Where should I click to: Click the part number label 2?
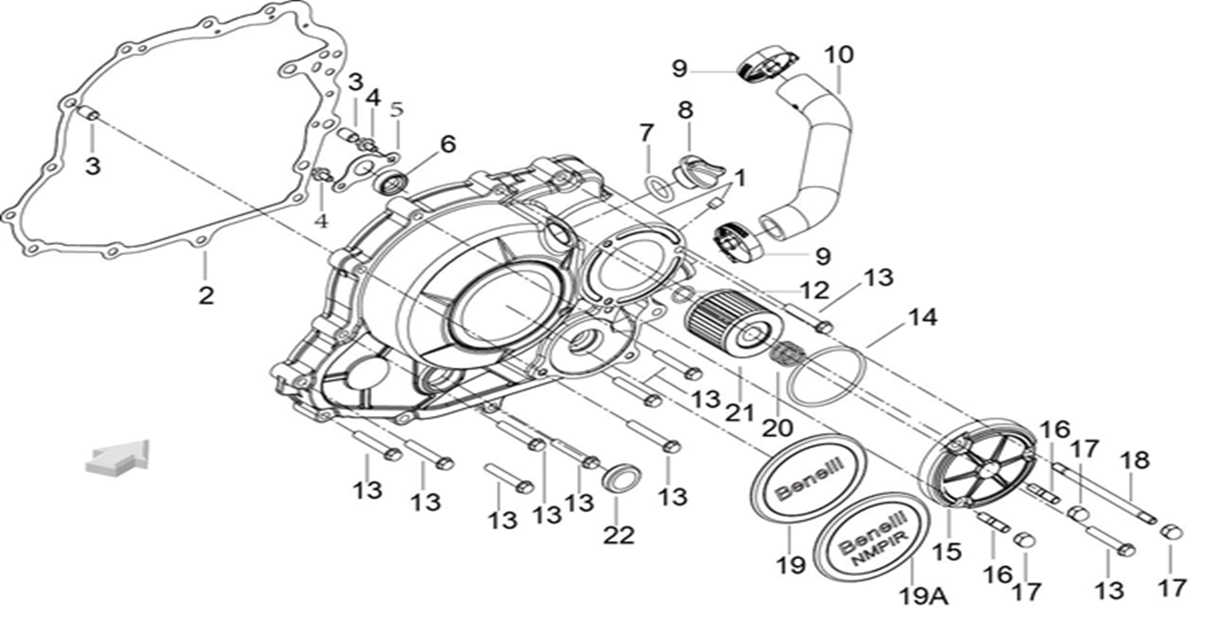(206, 294)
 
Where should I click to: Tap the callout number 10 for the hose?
(838, 54)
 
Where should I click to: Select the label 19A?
(923, 596)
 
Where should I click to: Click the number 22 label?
(619, 534)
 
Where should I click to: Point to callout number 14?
(923, 318)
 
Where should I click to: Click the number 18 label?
(1134, 460)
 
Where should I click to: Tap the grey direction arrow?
(117, 456)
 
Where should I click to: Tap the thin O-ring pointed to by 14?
(826, 376)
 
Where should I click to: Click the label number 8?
(685, 110)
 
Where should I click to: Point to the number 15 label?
(950, 551)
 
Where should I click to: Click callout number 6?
(447, 145)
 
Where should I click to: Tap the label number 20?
(778, 426)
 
